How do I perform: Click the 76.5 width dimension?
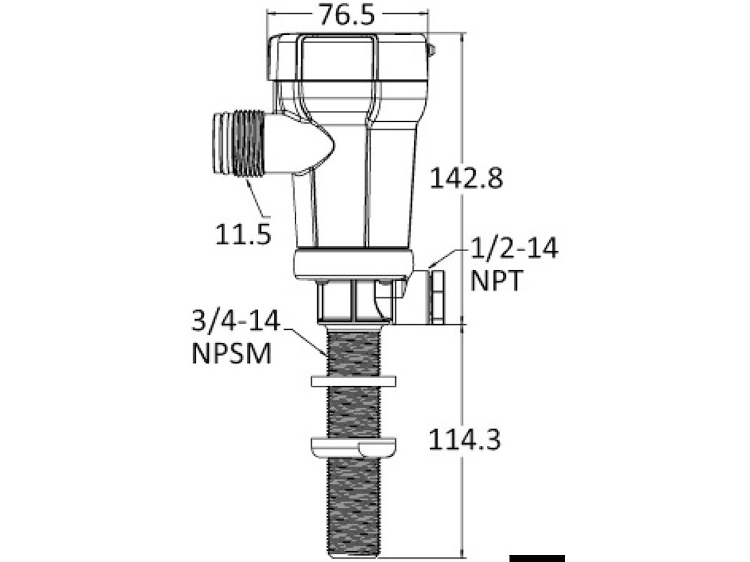347,15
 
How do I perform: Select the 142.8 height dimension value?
466,178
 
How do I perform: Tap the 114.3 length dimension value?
464,440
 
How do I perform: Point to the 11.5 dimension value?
243,234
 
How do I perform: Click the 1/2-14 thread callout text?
514,249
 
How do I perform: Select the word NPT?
496,280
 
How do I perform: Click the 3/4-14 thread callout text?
236,320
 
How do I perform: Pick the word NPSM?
232,353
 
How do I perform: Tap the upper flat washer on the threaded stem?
354,382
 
